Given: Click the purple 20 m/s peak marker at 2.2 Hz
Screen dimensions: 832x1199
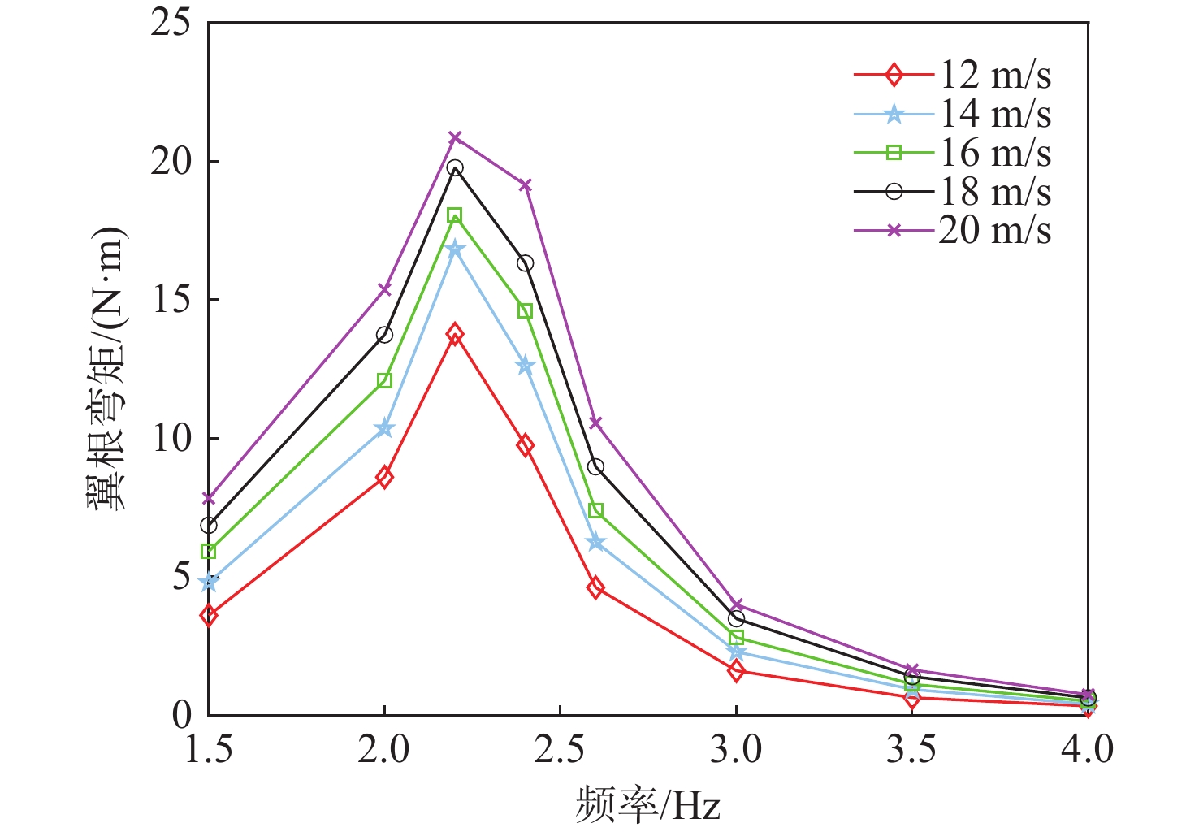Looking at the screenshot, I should pyautogui.click(x=455, y=137).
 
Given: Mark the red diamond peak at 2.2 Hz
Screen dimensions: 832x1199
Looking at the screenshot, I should pyautogui.click(x=455, y=333).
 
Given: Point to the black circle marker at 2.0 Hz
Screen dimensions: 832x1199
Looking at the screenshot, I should pyautogui.click(x=384, y=335).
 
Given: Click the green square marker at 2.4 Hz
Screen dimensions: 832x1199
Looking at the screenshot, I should pyautogui.click(x=525, y=311).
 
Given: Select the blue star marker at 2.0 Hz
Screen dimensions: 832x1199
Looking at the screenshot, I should pyautogui.click(x=384, y=428).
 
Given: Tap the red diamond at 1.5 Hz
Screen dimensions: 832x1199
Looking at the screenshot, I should pyautogui.click(x=209, y=615).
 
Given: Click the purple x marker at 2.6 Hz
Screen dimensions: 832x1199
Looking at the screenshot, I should pyautogui.click(x=595, y=422).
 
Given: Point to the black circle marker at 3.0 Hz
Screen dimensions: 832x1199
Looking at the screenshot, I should pyautogui.click(x=736, y=619).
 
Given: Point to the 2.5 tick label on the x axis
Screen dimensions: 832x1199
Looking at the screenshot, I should pyautogui.click(x=560, y=749).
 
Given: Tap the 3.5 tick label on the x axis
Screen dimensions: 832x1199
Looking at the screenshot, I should pyautogui.click(x=911, y=749).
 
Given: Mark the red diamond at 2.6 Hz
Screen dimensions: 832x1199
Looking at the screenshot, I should pyautogui.click(x=595, y=587).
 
